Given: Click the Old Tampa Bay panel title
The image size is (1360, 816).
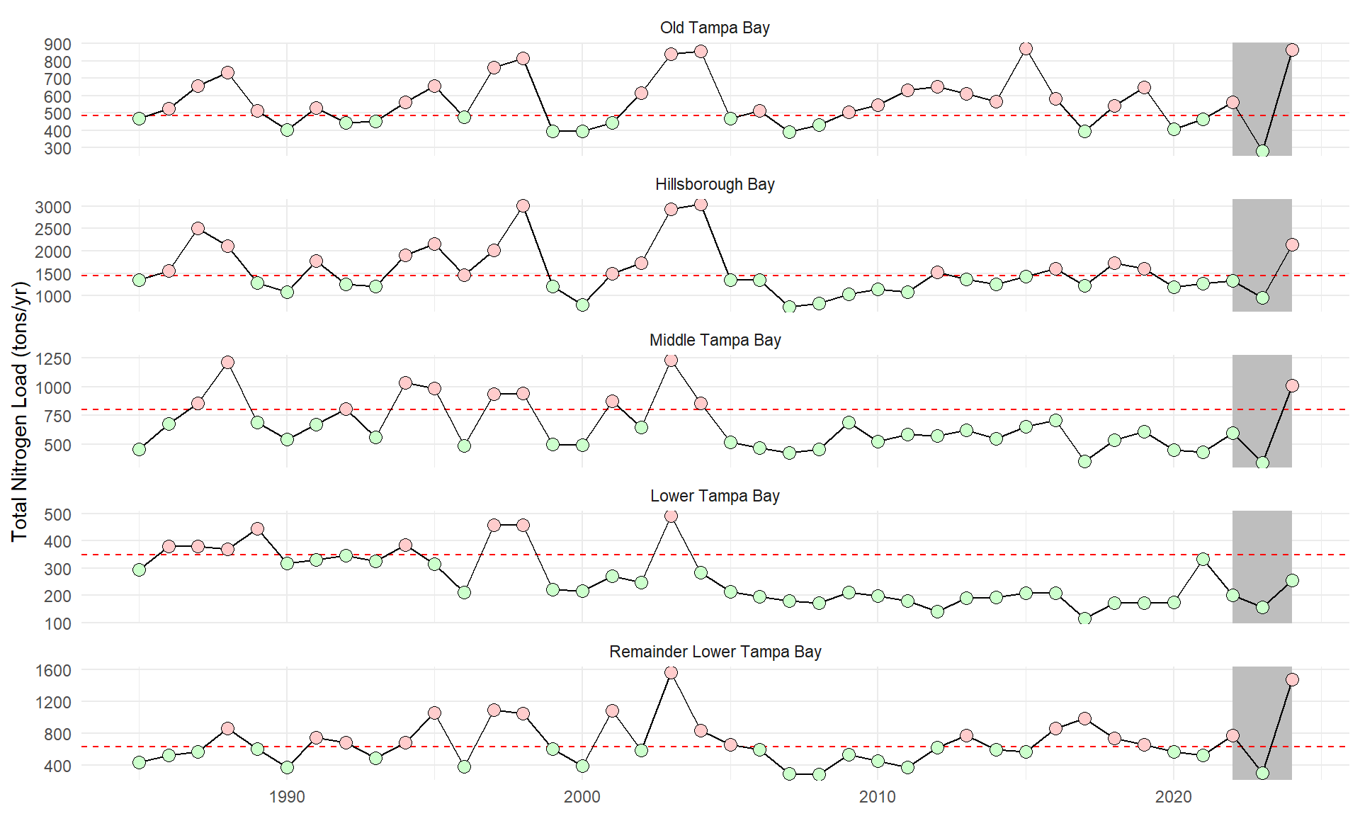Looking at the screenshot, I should click(714, 28).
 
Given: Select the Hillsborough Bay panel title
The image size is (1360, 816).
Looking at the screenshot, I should click(714, 184).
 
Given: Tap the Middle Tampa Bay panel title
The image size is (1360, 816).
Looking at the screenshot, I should click(714, 340).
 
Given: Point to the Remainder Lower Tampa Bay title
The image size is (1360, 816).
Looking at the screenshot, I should click(714, 652).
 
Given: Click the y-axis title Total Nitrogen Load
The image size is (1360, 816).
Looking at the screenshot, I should click(20, 411).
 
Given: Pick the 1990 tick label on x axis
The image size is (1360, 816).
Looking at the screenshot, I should click(287, 798).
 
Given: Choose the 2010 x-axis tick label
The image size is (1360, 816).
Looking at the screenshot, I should click(878, 798).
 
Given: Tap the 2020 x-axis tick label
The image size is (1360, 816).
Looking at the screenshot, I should click(1174, 798).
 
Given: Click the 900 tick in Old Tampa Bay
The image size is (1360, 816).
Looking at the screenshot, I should click(57, 45).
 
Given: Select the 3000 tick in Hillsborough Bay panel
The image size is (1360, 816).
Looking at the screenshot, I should click(53, 208).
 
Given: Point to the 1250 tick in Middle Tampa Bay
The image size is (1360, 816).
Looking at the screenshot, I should click(53, 359).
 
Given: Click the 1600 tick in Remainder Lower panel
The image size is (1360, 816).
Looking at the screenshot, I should click(53, 670).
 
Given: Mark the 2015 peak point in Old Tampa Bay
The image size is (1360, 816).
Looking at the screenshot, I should click(1026, 48).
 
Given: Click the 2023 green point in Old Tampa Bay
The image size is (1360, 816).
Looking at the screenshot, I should click(1262, 151).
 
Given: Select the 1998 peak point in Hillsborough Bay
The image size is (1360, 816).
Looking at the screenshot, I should click(523, 205).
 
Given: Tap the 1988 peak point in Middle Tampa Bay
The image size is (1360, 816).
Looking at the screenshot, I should click(227, 362).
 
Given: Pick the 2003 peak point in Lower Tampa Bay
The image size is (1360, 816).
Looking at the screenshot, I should click(671, 516).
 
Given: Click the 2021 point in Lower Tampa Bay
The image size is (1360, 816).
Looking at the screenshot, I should click(1203, 559).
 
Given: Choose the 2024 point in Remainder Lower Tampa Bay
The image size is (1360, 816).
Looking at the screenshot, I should click(1292, 679).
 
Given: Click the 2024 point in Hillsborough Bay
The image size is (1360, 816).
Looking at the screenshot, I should click(1292, 244).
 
